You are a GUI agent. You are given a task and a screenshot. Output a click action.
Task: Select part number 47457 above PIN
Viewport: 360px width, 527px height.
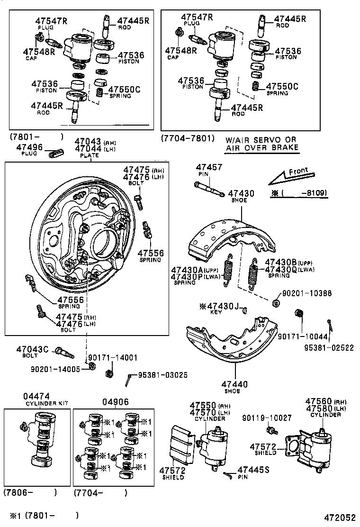[209, 167]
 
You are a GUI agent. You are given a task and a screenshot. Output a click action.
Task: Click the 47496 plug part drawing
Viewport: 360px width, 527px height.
[56, 154]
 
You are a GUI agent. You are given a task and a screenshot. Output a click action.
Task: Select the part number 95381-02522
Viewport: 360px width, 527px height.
[329, 347]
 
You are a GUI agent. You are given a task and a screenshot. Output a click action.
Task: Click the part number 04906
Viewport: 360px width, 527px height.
[115, 402]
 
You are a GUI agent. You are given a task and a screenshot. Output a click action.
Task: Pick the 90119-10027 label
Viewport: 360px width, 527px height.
[267, 418]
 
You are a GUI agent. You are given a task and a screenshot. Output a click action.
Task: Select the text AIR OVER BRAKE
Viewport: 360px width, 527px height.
[262, 147]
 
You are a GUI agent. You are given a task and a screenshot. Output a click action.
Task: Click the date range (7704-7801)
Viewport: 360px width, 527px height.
[188, 138]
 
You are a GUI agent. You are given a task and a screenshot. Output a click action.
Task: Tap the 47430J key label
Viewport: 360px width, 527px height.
[220, 306]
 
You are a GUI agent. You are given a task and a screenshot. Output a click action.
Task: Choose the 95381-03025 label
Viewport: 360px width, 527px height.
[162, 375]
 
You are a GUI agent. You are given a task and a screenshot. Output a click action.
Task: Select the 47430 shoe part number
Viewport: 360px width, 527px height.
[241, 193]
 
